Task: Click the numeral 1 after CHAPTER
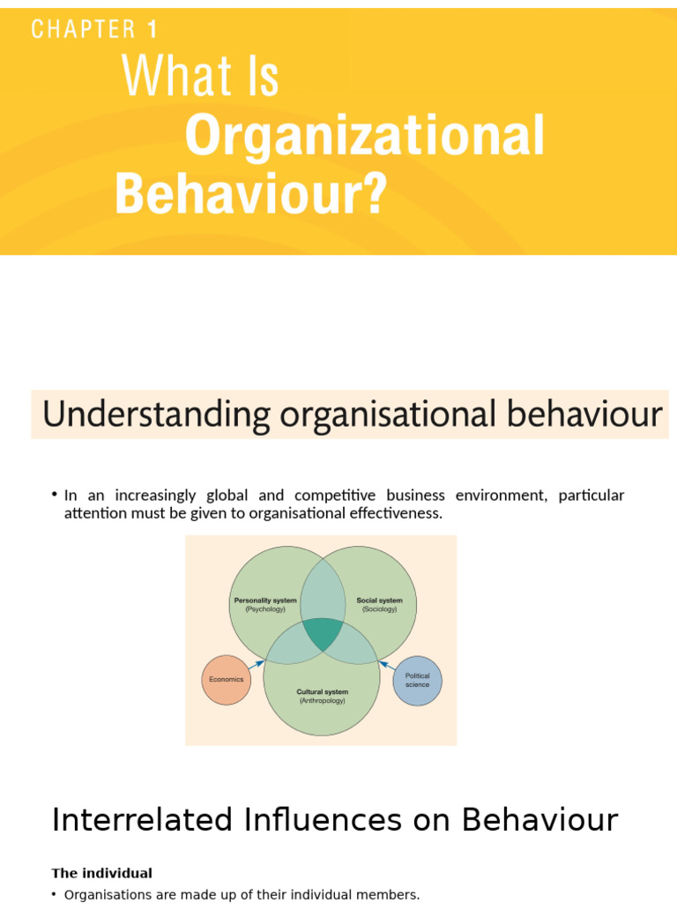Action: point(153,29)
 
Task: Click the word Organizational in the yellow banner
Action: point(364,137)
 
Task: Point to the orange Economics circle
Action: point(227,680)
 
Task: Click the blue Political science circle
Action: point(417,680)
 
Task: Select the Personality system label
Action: point(264,601)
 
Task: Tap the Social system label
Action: point(379,601)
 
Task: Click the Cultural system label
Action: point(322,692)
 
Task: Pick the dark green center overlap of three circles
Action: point(323,632)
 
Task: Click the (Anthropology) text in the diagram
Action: point(322,701)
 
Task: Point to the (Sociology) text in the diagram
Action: point(379,609)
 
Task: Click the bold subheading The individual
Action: point(101,873)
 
